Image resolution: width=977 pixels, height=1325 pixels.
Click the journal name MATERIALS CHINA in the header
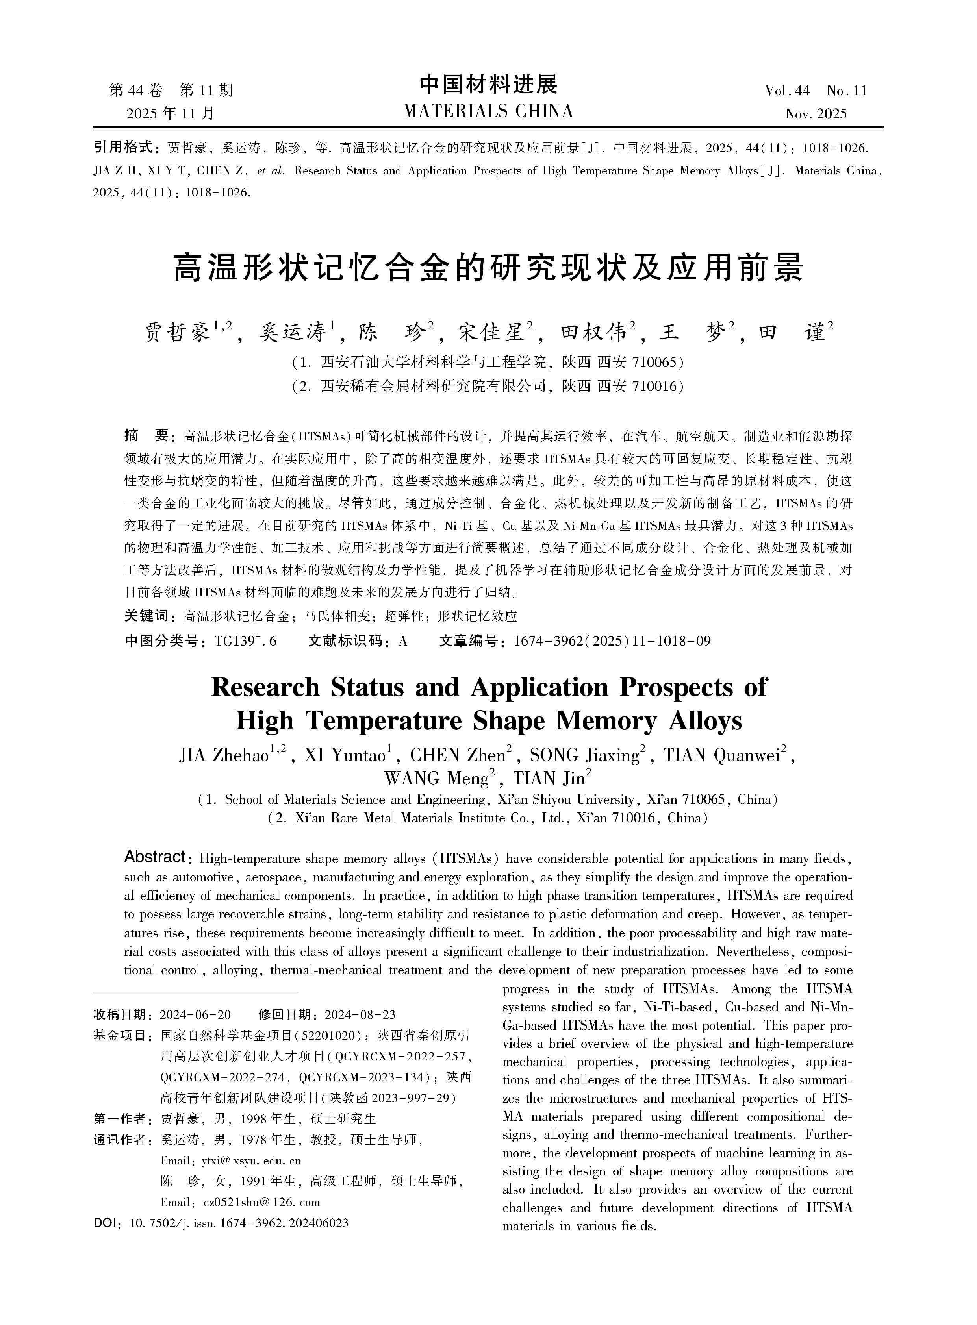488,111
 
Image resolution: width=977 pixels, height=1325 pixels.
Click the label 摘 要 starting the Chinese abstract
146,436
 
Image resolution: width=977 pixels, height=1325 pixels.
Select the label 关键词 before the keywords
146,616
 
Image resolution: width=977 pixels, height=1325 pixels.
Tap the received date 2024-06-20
195,1014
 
